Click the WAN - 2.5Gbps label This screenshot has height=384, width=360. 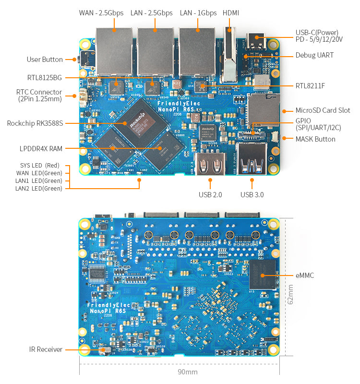(x=101, y=13)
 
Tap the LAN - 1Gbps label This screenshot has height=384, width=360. (x=198, y=13)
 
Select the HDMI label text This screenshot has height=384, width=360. (x=231, y=13)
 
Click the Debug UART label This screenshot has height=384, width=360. (x=314, y=55)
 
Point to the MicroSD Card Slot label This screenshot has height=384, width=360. (x=323, y=110)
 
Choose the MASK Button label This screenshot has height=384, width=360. (x=315, y=139)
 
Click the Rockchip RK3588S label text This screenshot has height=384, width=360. (x=35, y=123)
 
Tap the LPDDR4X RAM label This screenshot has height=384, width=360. (x=41, y=149)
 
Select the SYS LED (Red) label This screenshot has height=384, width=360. (x=40, y=166)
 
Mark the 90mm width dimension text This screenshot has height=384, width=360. (x=187, y=372)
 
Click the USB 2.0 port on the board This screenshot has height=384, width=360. (x=210, y=164)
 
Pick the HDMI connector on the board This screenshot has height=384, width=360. (x=229, y=53)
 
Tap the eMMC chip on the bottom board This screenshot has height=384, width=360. (x=262, y=275)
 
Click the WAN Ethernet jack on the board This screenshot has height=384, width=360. (x=114, y=50)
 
